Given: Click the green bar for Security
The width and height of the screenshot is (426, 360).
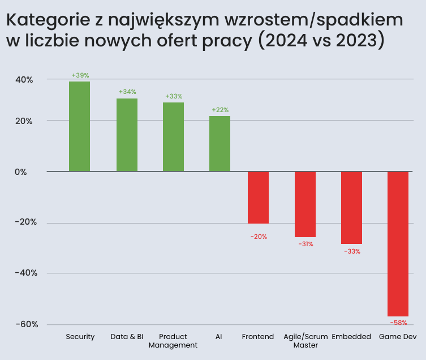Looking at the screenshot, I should click(79, 126).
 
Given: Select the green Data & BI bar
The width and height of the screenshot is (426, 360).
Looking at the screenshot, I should click(127, 135).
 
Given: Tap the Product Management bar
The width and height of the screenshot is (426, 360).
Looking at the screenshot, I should click(173, 136).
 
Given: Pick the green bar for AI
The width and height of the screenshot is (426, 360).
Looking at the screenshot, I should click(220, 143).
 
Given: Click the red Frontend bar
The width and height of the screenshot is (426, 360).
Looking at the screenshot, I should click(258, 197).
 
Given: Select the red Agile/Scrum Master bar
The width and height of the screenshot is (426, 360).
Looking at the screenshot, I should click(305, 204).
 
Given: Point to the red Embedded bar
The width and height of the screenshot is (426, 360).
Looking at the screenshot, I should click(351, 207).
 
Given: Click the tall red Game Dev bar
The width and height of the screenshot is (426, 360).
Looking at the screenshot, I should click(398, 243).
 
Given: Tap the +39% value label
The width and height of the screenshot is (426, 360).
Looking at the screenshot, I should click(80, 75).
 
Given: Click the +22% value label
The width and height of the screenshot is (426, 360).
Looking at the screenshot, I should click(220, 110).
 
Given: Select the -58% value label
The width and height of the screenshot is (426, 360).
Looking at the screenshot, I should click(398, 323).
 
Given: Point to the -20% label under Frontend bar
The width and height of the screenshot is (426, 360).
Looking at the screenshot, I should click(259, 237).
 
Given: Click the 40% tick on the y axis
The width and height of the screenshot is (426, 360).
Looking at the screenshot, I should click(24, 80).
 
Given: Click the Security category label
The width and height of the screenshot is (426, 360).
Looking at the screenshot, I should click(80, 337).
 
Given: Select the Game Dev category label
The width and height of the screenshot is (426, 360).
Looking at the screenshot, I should click(398, 337).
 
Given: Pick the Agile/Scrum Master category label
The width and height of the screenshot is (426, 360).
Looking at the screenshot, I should click(305, 341).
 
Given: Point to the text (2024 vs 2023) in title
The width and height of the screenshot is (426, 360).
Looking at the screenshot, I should click(321, 41).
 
